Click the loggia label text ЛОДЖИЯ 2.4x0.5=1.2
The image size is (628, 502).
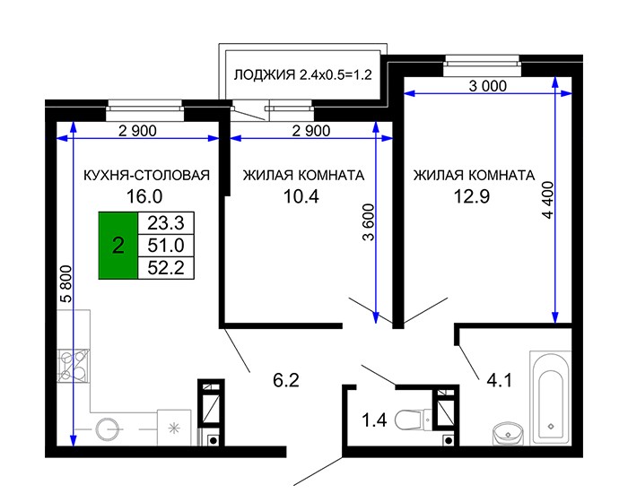pyautogui.click(x=303, y=75)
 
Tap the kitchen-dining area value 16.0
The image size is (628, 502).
pyautogui.click(x=144, y=196)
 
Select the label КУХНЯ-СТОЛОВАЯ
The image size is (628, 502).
pyautogui.click(x=146, y=176)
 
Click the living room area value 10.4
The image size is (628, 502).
pyautogui.click(x=301, y=196)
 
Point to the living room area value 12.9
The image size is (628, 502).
pyautogui.click(x=472, y=196)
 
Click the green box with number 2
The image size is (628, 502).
pyautogui.click(x=118, y=246)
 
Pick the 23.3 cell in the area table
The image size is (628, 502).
pyautogui.click(x=166, y=223)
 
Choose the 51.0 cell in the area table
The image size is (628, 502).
pyautogui.click(x=166, y=246)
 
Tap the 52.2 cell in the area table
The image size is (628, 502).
pyautogui.click(x=166, y=268)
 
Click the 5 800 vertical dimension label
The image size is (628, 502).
pyautogui.click(x=65, y=283)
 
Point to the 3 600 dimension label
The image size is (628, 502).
pyautogui.click(x=368, y=222)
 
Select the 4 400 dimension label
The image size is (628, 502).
pyautogui.click(x=547, y=200)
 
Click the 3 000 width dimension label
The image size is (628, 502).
pyautogui.click(x=488, y=86)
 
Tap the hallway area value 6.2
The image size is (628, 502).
pyautogui.click(x=286, y=380)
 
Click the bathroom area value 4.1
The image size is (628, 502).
pyautogui.click(x=500, y=380)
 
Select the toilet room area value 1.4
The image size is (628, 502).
pyautogui.click(x=374, y=420)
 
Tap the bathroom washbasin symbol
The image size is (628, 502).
pyautogui.click(x=508, y=434)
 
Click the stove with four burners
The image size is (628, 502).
pyautogui.click(x=74, y=366)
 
